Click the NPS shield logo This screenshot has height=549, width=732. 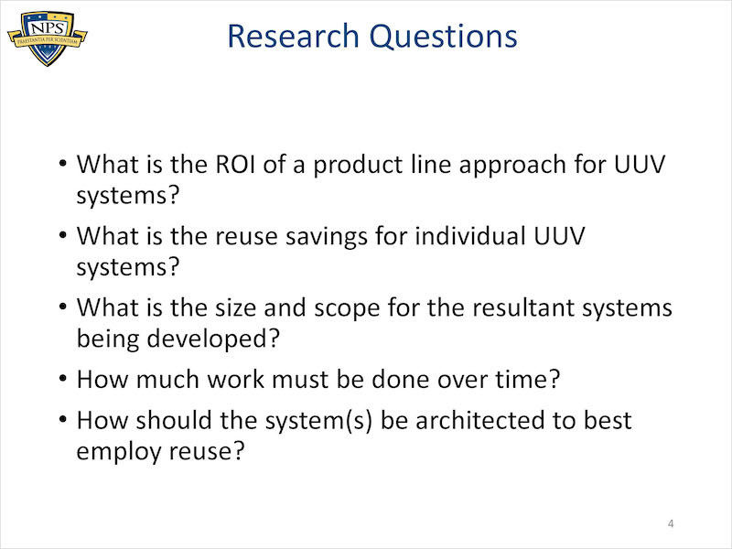48,38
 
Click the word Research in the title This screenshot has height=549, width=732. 293,36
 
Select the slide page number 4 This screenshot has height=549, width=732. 671,523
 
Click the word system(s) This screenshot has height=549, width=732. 318,421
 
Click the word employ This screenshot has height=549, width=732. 119,452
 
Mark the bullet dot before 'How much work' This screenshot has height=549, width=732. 63,378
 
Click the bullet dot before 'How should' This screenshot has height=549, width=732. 63,419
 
